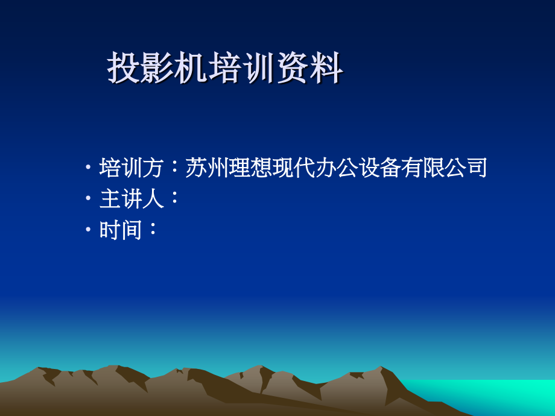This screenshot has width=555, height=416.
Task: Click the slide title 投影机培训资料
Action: click(x=225, y=68)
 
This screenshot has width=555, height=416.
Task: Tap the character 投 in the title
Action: click(x=124, y=68)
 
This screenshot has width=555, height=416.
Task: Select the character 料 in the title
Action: click(x=327, y=68)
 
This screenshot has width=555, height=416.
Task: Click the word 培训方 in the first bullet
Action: click(x=131, y=168)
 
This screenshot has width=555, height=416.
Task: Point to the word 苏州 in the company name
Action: click(x=206, y=168)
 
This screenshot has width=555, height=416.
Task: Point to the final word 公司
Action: click(x=466, y=168)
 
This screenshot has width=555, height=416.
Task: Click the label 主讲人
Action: click(x=132, y=199)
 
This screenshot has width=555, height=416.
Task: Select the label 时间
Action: click(x=120, y=230)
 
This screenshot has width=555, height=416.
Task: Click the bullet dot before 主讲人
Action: click(x=88, y=198)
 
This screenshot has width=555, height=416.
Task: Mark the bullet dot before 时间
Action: click(x=88, y=230)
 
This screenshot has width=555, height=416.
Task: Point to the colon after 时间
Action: click(x=153, y=228)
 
